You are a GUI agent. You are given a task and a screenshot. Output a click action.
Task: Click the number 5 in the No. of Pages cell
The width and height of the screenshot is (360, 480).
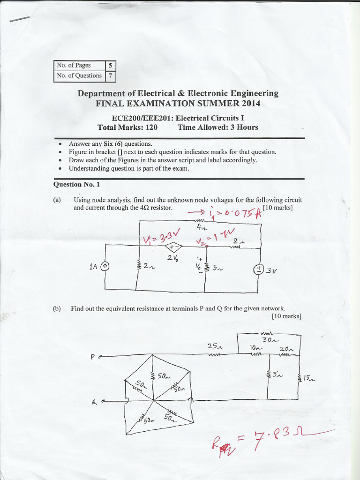[x=110, y=66]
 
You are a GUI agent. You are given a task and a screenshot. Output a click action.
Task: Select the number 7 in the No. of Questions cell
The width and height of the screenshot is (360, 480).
[x=110, y=75]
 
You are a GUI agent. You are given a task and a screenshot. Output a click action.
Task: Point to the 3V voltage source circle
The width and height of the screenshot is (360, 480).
[x=258, y=269]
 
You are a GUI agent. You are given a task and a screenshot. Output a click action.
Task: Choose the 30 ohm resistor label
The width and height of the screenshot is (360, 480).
[x=270, y=340]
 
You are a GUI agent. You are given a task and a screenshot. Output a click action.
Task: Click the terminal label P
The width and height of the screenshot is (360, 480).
[x=93, y=357]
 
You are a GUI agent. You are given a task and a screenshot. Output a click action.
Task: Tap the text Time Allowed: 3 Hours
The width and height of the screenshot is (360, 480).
[x=217, y=127]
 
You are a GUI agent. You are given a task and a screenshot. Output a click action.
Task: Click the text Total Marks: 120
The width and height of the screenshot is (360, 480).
[x=127, y=127]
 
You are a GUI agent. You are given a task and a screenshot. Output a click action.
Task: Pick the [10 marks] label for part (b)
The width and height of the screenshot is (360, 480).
[x=286, y=316]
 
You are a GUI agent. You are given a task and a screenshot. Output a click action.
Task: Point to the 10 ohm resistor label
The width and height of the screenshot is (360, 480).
[x=255, y=348]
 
